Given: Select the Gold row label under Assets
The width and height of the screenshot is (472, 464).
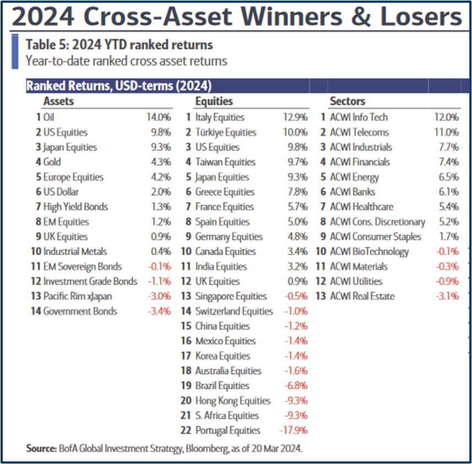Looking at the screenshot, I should [x=52, y=162].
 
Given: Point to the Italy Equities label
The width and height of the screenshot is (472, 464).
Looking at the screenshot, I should [x=219, y=117].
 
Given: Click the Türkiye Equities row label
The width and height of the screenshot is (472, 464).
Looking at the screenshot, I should [x=225, y=132].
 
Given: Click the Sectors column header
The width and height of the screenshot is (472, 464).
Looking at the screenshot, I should [x=347, y=101].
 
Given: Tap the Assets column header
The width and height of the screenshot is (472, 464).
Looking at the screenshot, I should [x=58, y=101].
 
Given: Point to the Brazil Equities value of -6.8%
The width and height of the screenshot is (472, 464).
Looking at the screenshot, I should [x=296, y=386].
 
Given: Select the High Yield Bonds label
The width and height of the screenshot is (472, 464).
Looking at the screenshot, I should [x=75, y=207].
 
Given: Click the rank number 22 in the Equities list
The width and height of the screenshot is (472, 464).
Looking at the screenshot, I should [x=186, y=430].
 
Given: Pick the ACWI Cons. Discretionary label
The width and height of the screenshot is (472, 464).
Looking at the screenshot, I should [x=377, y=222].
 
